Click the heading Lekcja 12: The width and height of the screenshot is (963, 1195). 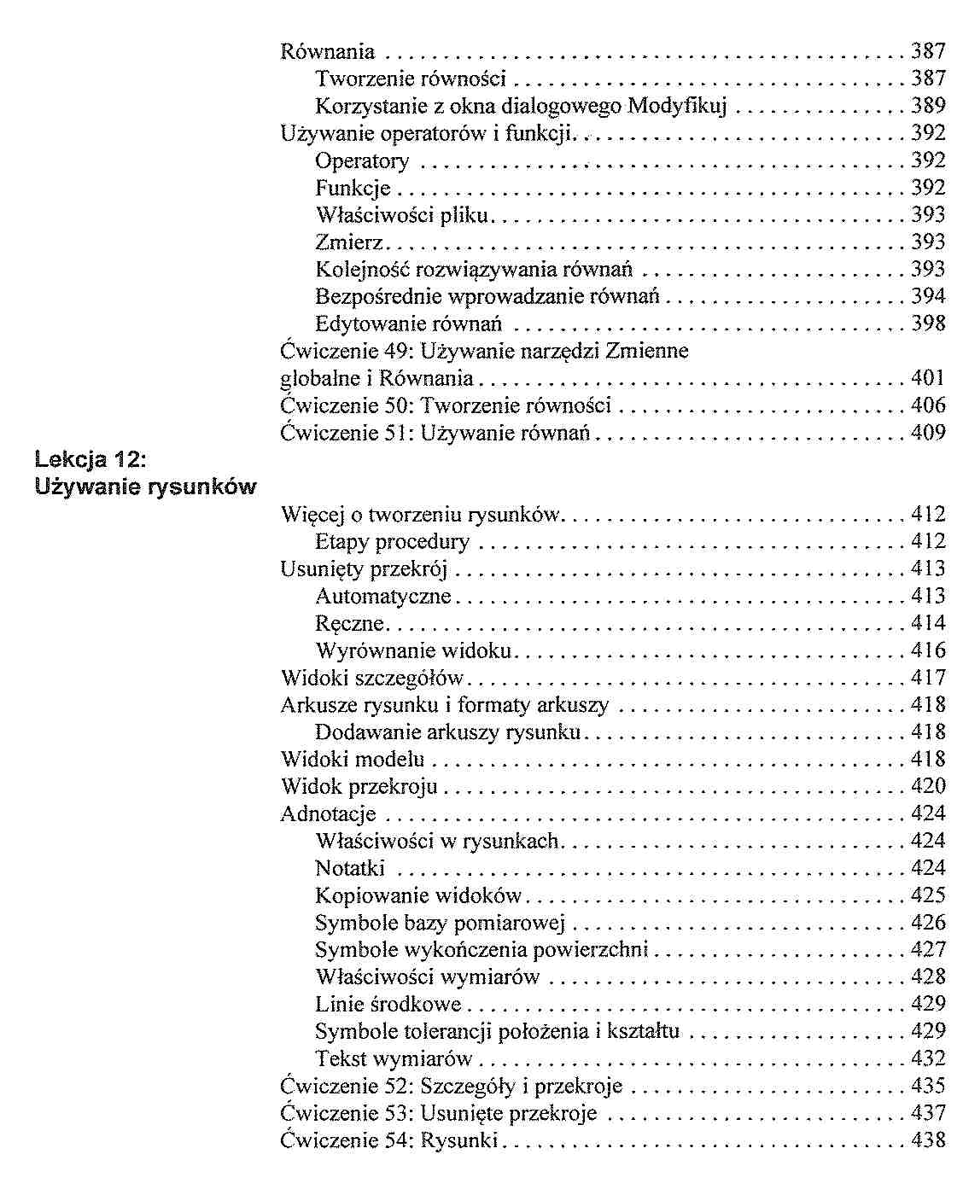(91, 460)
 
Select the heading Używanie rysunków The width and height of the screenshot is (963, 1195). (145, 487)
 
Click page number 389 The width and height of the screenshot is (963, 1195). (928, 106)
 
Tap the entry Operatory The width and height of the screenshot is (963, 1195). (362, 161)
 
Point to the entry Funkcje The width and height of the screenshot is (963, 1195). (353, 188)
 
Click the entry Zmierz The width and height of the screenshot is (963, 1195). (349, 242)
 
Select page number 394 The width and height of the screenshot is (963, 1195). (928, 296)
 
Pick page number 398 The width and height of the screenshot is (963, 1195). (928, 324)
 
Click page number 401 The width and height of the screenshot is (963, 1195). (928, 378)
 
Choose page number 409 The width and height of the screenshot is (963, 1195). (928, 433)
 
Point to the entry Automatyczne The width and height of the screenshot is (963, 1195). (382, 596)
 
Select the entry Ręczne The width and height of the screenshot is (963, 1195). (349, 623)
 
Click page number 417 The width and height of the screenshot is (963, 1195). (928, 678)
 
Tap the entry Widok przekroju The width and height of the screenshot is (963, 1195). (359, 786)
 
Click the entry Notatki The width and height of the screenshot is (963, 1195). (350, 868)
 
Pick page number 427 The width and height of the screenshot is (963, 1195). (928, 949)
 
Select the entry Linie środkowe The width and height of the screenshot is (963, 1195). (388, 1004)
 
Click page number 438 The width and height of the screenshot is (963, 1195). (928, 1140)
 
